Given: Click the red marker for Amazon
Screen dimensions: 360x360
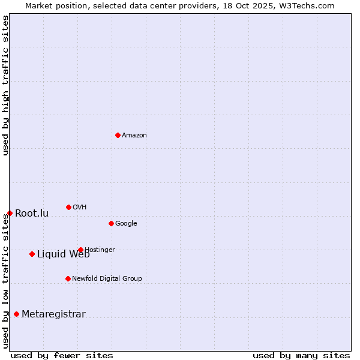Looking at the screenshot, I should (118, 135).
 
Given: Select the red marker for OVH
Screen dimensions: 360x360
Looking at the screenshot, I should (68, 207).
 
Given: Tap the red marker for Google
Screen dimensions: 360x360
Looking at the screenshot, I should (111, 223).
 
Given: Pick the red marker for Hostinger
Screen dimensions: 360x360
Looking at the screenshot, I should (80, 250).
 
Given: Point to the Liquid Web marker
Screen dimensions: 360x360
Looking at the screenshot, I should (32, 254).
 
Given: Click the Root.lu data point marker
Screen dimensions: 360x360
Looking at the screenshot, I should (10, 213).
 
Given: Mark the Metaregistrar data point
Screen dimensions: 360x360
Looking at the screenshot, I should (16, 314).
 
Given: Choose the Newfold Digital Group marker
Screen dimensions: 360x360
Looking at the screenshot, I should (68, 278).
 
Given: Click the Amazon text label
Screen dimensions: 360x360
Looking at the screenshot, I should (134, 136).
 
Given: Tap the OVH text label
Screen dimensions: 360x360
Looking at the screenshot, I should (79, 208).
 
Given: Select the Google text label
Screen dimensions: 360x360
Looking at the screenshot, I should (126, 224).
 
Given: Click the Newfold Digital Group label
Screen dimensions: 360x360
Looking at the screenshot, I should (107, 279).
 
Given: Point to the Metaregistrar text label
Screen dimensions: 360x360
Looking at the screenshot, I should (53, 314).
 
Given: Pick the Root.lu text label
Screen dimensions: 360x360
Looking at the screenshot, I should (32, 214).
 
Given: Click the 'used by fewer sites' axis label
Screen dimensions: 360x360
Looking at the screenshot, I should (62, 356).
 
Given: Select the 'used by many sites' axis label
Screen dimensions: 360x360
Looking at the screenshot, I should (301, 356).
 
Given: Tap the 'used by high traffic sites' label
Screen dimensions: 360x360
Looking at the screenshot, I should (5, 85).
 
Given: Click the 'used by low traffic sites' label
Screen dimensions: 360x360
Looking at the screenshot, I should (5, 281).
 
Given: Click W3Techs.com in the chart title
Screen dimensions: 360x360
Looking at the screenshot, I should (305, 6).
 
